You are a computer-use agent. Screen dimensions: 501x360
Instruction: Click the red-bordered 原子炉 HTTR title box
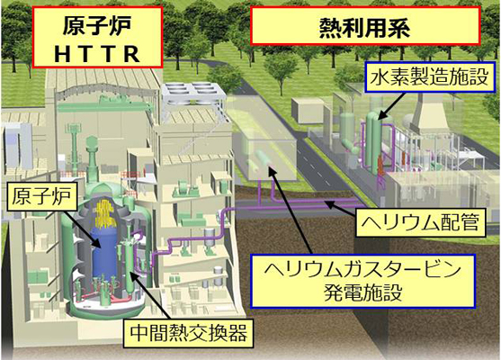[98, 37]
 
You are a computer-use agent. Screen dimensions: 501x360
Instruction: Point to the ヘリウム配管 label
[420, 222]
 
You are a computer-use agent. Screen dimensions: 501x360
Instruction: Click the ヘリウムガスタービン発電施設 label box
[363, 282]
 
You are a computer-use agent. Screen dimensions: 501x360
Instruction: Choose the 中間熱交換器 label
[189, 332]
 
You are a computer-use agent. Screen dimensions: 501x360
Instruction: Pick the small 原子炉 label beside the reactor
[41, 196]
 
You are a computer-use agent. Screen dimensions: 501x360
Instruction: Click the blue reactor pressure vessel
[105, 253]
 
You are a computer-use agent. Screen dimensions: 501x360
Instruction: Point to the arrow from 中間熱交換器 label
[151, 295]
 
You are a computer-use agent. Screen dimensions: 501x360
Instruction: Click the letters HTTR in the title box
[97, 54]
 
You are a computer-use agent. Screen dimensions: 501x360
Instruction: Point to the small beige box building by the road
[309, 111]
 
